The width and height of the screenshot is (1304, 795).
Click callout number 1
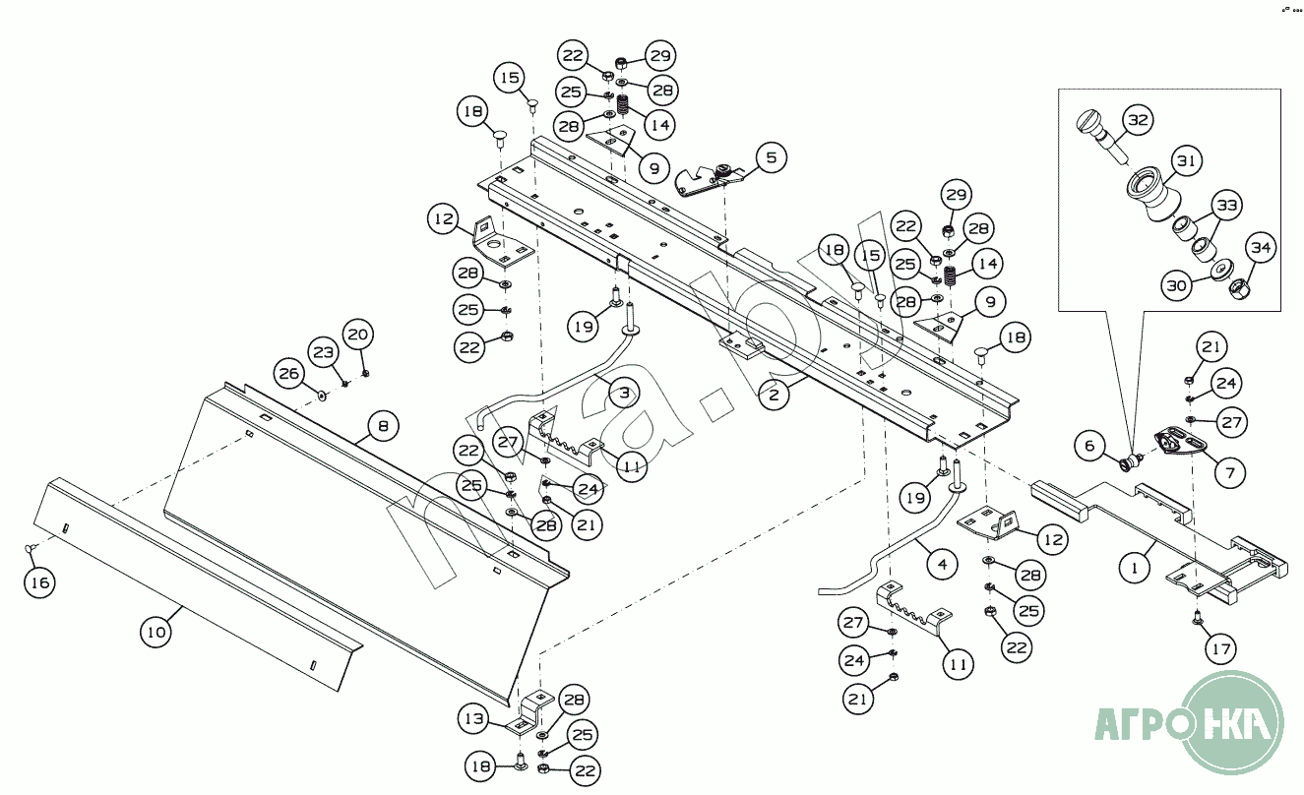coord(1135,567)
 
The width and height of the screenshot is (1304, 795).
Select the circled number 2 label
coord(775,396)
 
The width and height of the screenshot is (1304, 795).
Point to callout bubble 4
coord(942,565)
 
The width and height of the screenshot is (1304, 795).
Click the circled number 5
coord(771,155)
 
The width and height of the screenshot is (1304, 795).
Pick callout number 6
coord(1089,446)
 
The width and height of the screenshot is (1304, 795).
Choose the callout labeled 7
coord(1228,473)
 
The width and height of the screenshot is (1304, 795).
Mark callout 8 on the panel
coord(383,427)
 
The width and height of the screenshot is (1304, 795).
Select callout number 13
coord(475,719)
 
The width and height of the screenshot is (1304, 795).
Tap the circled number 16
coord(39,582)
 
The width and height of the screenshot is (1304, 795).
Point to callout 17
coord(1221,650)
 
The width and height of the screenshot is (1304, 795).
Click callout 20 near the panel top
coord(359,335)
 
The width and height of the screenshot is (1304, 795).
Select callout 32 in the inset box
coord(1139,120)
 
